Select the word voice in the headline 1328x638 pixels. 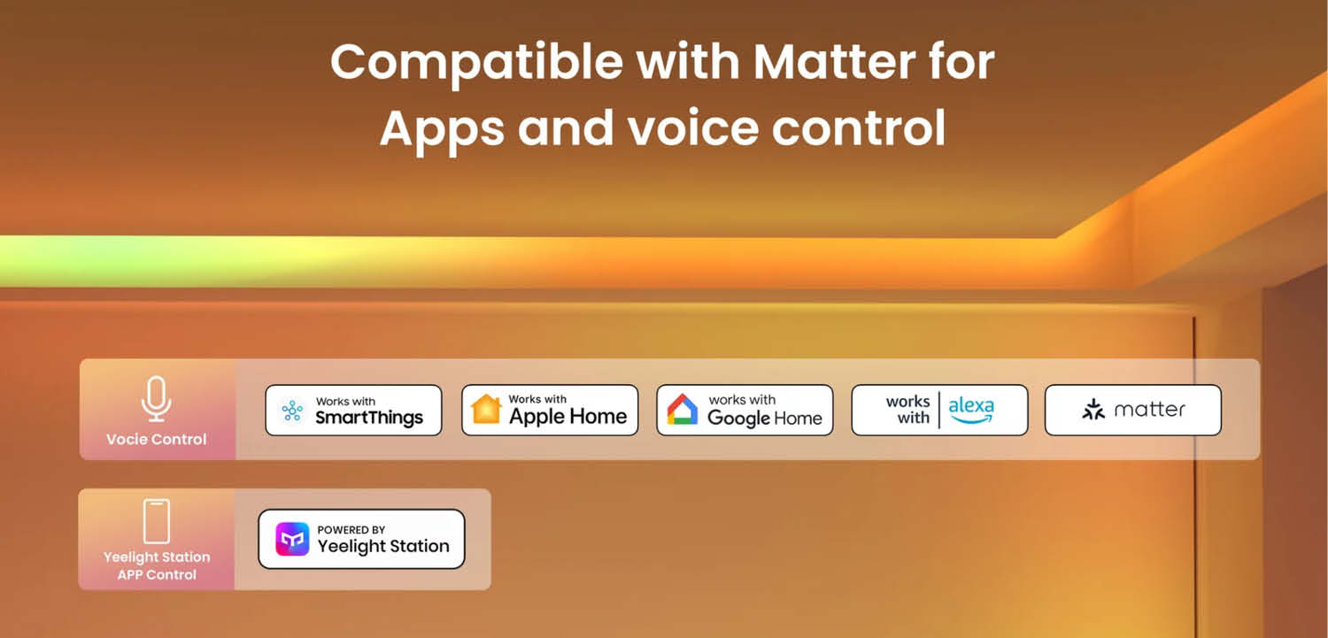[693, 127]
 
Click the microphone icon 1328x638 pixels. [156, 399]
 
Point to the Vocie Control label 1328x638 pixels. [157, 439]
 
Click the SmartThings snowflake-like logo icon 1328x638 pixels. [291, 410]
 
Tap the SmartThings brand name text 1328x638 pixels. [369, 418]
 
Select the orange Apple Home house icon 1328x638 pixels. [485, 409]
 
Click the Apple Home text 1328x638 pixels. [567, 417]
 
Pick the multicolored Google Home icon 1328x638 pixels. [683, 410]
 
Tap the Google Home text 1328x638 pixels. [765, 419]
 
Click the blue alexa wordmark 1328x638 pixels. [971, 410]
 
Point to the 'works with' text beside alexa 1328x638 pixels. [908, 410]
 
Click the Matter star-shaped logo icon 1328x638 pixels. [1093, 410]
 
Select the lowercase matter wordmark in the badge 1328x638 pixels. [1149, 410]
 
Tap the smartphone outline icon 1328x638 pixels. [157, 521]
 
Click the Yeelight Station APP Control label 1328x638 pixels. [157, 565]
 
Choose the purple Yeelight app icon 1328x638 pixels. [292, 539]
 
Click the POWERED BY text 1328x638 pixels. [351, 529]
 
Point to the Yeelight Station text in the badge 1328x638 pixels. [383, 546]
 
